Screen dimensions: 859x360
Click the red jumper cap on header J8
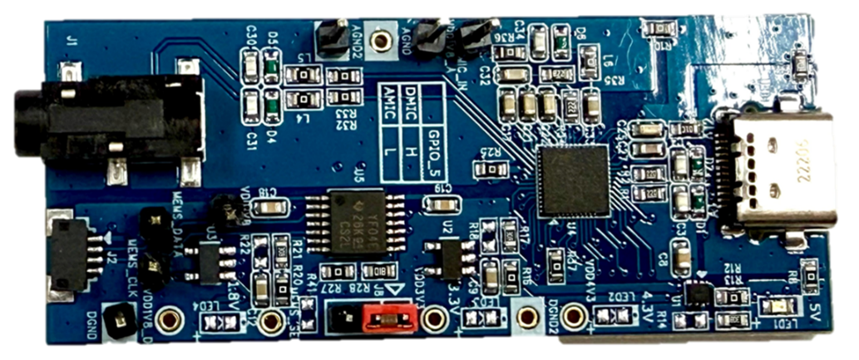point(385,316)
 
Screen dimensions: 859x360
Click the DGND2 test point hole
point(527,318)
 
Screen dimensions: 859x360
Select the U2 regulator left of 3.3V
point(450,258)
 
